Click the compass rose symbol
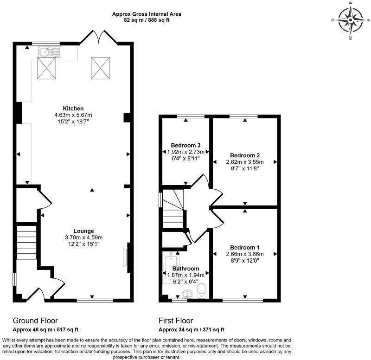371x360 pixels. [x=350, y=20]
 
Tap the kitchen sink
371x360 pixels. [x=49, y=52]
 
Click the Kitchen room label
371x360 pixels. [x=73, y=109]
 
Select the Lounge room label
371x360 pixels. [x=83, y=231]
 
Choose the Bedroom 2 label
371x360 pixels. [x=244, y=155]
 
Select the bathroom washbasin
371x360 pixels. [x=186, y=293]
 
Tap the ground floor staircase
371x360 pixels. [x=26, y=246]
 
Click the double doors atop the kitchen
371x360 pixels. [x=98, y=36]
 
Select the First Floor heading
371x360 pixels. [x=176, y=321]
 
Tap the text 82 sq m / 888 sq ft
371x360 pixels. [x=147, y=20]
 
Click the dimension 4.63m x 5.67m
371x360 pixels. [x=74, y=115]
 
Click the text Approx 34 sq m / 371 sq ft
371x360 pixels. [x=192, y=330]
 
